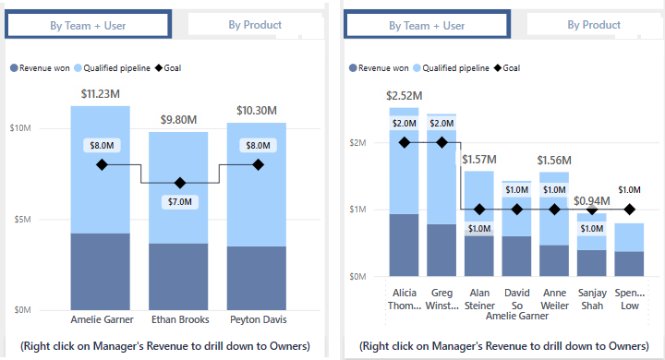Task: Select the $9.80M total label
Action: pos(179,120)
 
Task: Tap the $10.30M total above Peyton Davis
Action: pos(257,111)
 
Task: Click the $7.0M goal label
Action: pos(179,201)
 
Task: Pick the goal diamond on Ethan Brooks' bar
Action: pos(179,183)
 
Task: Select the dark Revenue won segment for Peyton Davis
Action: pos(257,278)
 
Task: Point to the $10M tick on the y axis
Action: pos(22,128)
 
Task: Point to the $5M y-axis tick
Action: pos(25,220)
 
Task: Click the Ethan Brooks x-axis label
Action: pos(179,320)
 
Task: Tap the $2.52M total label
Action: pos(405,95)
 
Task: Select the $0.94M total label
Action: pos(592,201)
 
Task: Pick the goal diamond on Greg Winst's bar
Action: pos(441,142)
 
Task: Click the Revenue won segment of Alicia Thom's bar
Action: pos(404,245)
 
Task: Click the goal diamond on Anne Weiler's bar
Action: pos(554,210)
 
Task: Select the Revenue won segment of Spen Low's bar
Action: pos(630,263)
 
